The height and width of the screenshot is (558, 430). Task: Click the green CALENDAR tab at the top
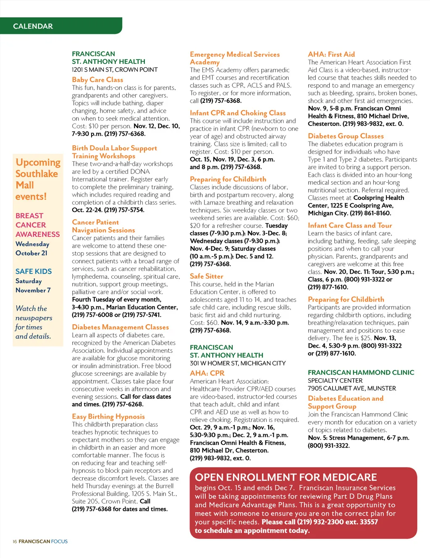click(33, 26)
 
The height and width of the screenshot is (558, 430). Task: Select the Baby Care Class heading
click(97, 80)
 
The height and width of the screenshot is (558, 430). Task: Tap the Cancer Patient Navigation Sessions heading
click(103, 226)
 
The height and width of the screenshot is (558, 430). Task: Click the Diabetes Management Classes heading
click(120, 327)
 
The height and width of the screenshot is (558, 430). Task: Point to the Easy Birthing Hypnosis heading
click(108, 417)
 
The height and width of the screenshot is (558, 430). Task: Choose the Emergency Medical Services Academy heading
click(234, 58)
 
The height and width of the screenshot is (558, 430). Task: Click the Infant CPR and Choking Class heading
click(238, 113)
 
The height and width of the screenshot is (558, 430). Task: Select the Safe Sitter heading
click(206, 276)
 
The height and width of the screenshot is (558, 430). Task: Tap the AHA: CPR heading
click(207, 373)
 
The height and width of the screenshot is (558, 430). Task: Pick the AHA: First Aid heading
click(331, 54)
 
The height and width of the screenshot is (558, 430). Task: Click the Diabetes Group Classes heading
click(346, 136)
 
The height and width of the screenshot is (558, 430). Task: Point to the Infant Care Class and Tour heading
click(350, 225)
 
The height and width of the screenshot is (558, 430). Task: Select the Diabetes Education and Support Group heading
click(345, 402)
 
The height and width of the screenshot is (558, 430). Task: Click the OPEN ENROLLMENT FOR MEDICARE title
click(286, 477)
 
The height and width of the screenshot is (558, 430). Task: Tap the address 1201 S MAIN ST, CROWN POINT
click(115, 70)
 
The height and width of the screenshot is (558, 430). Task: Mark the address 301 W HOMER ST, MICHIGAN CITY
click(238, 363)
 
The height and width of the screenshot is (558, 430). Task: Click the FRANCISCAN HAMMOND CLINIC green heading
click(361, 372)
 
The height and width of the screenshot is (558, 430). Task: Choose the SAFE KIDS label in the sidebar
click(34, 271)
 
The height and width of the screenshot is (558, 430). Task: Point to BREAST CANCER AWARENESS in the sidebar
click(37, 225)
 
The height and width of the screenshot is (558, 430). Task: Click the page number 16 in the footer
click(15, 542)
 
